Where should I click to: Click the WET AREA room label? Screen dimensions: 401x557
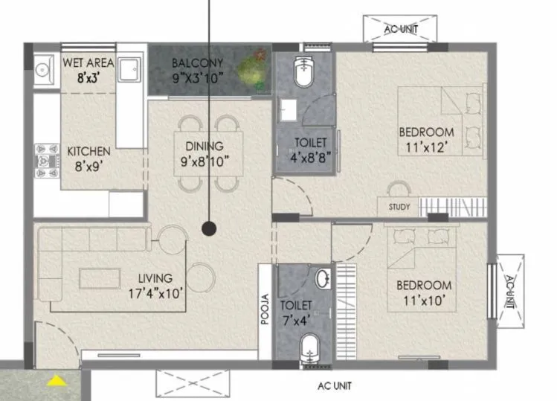(88, 62)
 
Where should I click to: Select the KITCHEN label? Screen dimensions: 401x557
(88, 151)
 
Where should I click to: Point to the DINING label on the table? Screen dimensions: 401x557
(204, 147)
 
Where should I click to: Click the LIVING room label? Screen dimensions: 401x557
(155, 278)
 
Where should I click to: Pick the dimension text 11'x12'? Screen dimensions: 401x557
(426, 147)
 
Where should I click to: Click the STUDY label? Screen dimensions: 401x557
(399, 208)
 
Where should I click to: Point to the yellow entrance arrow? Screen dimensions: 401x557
(55, 381)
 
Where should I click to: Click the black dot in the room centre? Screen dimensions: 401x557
(209, 228)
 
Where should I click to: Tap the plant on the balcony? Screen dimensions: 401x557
(254, 67)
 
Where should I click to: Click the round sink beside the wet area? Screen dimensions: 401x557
(42, 70)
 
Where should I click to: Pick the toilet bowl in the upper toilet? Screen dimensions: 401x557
(303, 73)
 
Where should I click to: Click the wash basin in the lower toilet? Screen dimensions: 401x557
(323, 280)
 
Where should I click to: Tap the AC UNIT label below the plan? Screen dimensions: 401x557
(334, 386)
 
